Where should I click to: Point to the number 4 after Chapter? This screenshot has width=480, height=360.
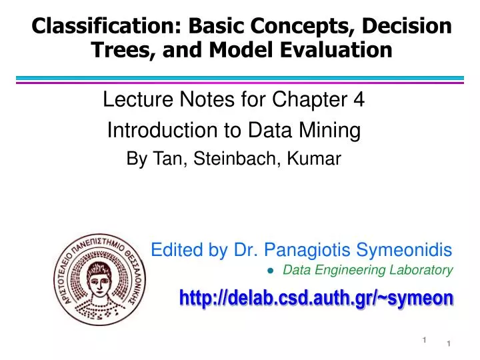tap(359, 101)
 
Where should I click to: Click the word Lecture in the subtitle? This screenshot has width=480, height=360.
tap(133, 101)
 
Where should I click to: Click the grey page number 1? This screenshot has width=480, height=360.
tap(423, 341)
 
